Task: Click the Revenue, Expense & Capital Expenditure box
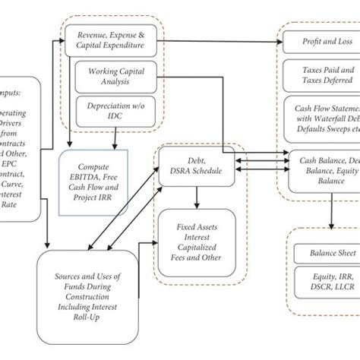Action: point(111,40)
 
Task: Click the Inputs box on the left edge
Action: point(19,148)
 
